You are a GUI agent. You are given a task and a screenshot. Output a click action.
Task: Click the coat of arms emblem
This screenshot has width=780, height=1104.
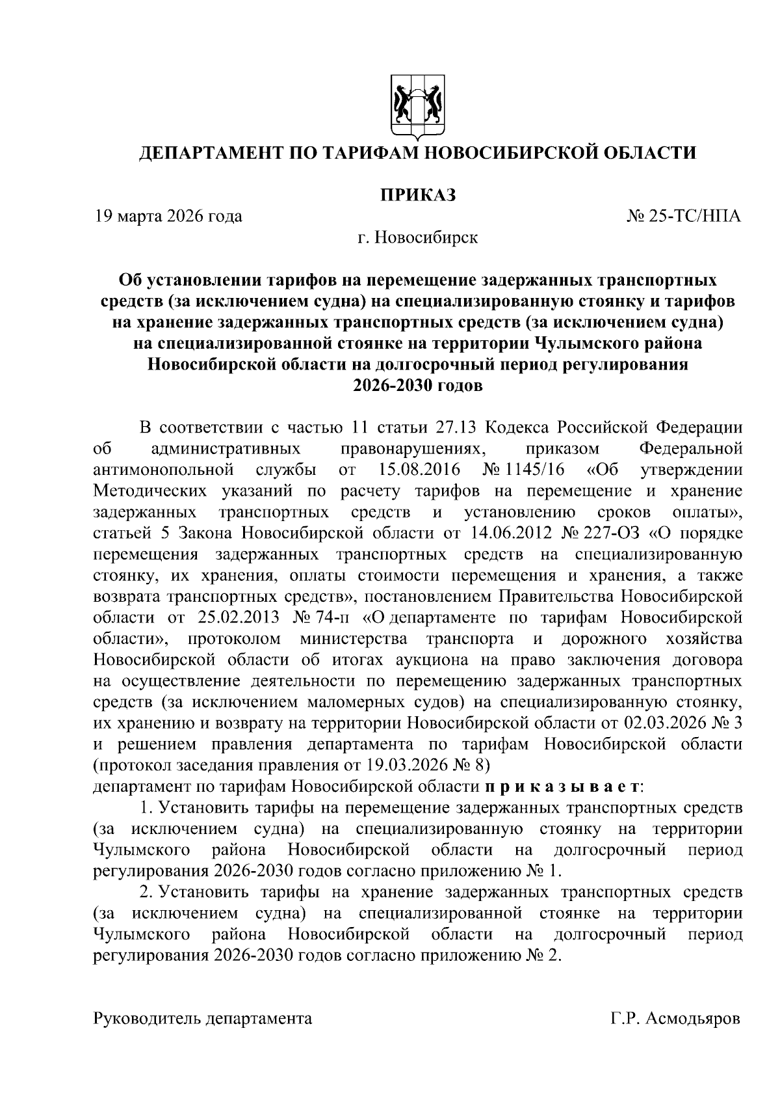417,107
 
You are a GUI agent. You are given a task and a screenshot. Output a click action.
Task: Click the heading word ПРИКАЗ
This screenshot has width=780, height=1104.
417,195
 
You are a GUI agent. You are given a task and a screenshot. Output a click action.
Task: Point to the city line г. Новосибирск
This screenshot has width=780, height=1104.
417,237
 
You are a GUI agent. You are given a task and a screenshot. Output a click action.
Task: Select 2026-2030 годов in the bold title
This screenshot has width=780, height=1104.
417,386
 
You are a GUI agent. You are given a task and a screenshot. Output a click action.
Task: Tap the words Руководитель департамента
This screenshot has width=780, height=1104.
203,1019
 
